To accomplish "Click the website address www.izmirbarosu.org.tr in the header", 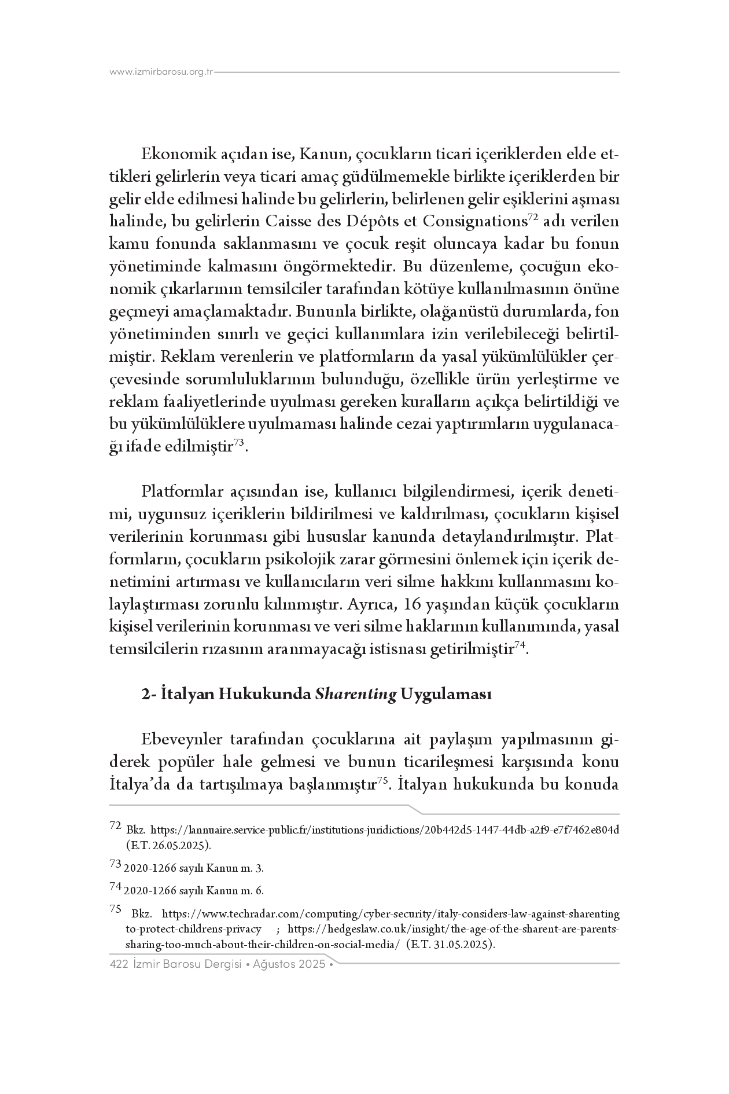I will (x=161, y=72).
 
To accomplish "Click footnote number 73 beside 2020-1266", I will (x=115, y=865).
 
